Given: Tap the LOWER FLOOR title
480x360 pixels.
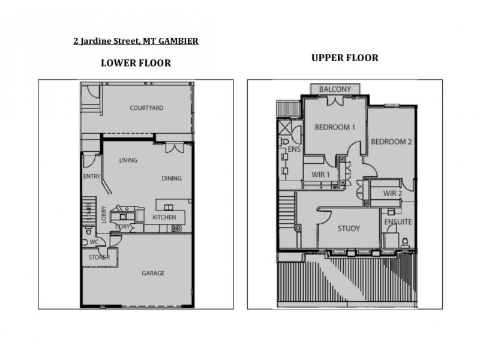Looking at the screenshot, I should click(136, 63).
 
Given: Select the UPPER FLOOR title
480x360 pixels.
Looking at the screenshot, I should click(344, 58).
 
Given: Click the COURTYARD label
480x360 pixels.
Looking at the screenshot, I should click(146, 108).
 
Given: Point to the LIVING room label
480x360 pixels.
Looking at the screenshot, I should click(128, 160).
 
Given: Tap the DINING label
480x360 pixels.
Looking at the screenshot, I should click(172, 178).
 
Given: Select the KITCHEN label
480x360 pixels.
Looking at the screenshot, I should click(164, 217).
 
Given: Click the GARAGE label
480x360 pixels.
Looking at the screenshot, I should click(153, 273).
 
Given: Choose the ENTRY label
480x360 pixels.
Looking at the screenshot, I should click(91, 176).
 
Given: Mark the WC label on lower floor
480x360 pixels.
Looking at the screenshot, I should click(94, 242).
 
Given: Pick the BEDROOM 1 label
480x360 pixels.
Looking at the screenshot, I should click(335, 127).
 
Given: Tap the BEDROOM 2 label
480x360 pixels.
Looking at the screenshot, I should click(391, 142).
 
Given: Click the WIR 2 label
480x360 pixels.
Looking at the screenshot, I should click(392, 193).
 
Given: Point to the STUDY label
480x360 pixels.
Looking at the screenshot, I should click(348, 229).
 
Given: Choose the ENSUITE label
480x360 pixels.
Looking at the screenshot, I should click(398, 221).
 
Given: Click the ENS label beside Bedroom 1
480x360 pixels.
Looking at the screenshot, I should click(294, 148).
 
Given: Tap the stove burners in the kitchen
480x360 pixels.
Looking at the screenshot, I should click(176, 229).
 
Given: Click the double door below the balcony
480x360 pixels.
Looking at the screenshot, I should click(335, 100).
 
